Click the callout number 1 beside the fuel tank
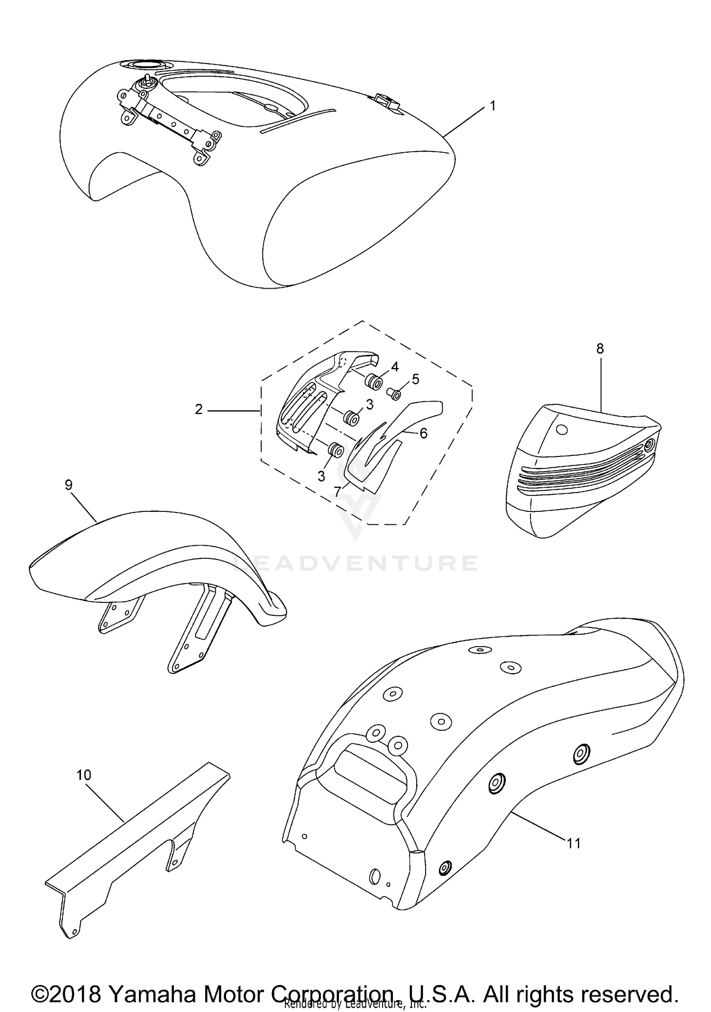point(492,106)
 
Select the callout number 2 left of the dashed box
point(199,409)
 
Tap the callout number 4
point(394,366)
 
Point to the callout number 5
point(415,379)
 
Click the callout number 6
point(423,433)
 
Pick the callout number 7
point(337,492)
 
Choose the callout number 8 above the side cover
point(600,349)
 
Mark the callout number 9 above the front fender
point(69,485)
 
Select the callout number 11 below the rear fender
point(574,857)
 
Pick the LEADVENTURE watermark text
point(355,563)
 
